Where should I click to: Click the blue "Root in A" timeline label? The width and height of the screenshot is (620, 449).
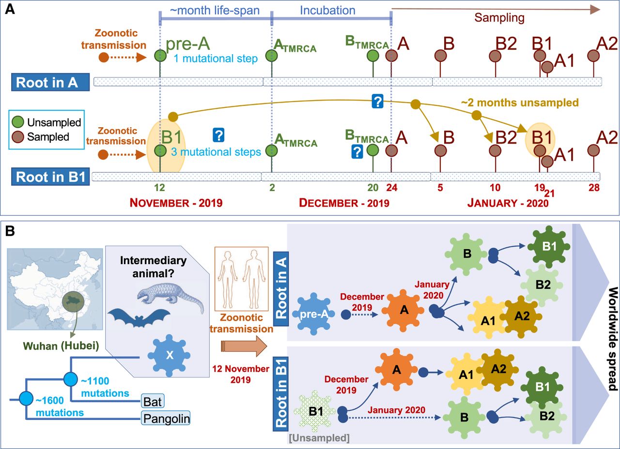click(51, 82)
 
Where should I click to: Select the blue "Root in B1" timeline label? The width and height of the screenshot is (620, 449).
click(51, 177)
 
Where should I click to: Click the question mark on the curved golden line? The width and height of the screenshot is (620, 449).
click(377, 102)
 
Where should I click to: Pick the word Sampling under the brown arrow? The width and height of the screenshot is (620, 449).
click(499, 18)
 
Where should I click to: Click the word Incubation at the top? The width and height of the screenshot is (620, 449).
click(327, 10)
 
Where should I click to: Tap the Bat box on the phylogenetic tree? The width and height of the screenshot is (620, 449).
click(152, 401)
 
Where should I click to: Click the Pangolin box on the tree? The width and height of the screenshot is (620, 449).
click(165, 418)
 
